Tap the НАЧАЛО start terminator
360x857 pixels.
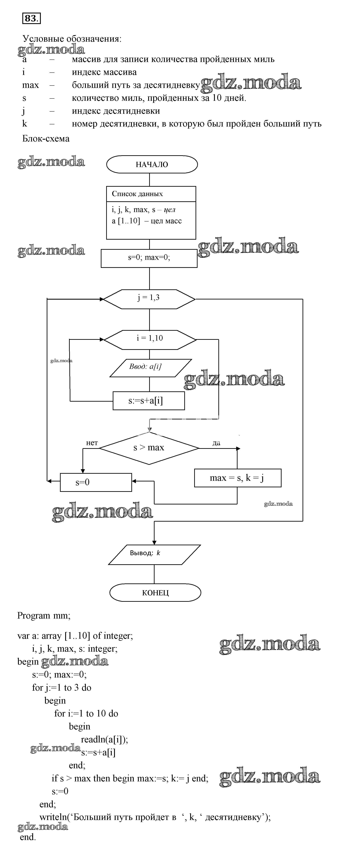tap(152, 164)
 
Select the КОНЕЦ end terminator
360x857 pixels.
tap(155, 593)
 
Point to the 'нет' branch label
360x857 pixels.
tap(92, 443)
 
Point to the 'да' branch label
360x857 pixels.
tap(216, 443)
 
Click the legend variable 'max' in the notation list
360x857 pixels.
tap(31, 85)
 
